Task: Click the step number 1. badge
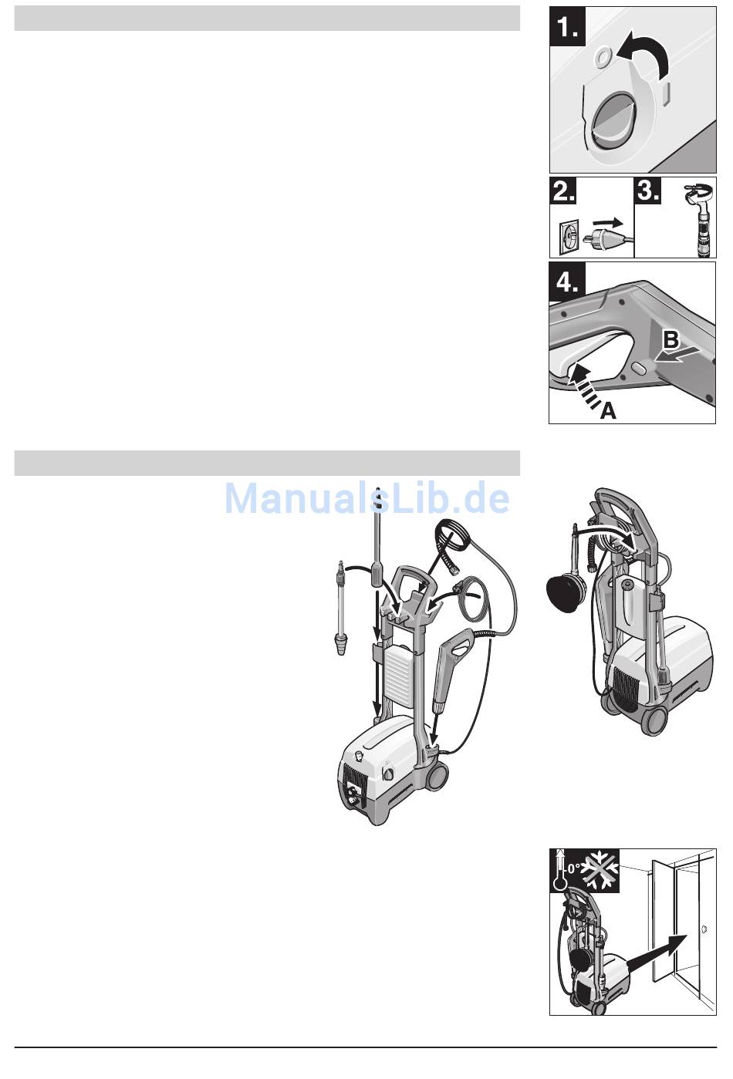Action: pyautogui.click(x=568, y=26)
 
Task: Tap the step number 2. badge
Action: pyautogui.click(x=563, y=191)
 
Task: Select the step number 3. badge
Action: pyautogui.click(x=648, y=191)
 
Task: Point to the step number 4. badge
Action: pyautogui.click(x=567, y=282)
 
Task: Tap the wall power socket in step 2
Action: pyautogui.click(x=568, y=238)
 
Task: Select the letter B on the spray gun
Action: pyautogui.click(x=671, y=339)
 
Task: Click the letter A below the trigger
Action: pyautogui.click(x=608, y=411)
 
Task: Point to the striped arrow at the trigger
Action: pyautogui.click(x=586, y=384)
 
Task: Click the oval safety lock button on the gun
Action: pyautogui.click(x=640, y=369)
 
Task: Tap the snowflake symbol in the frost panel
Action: pyautogui.click(x=600, y=871)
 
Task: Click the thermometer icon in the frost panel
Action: pyautogui.click(x=559, y=870)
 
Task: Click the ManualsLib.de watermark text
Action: pyautogui.click(x=366, y=498)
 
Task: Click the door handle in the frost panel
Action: pyautogui.click(x=704, y=929)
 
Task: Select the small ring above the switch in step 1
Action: pyautogui.click(x=603, y=57)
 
